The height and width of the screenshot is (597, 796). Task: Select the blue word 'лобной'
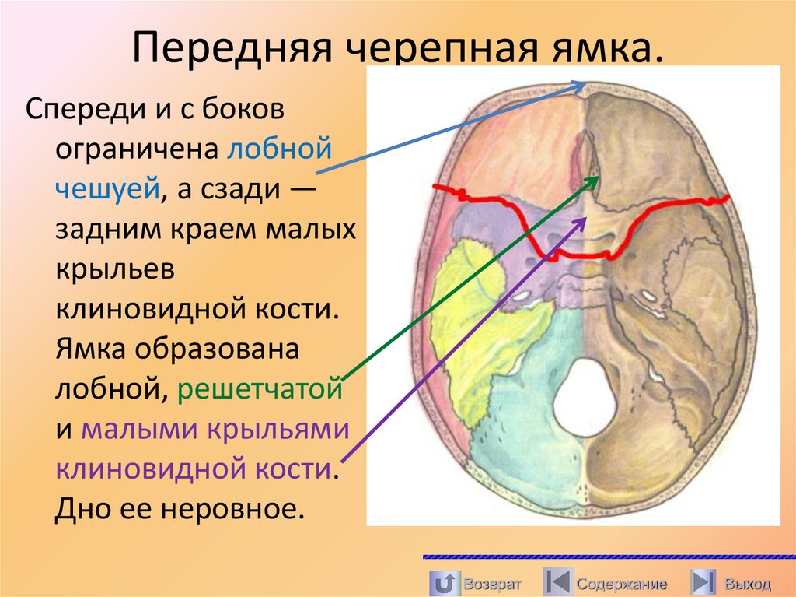pos(281,147)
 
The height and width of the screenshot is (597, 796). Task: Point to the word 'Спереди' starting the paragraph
pos(82,108)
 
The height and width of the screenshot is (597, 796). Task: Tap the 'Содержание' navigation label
pos(621,583)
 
